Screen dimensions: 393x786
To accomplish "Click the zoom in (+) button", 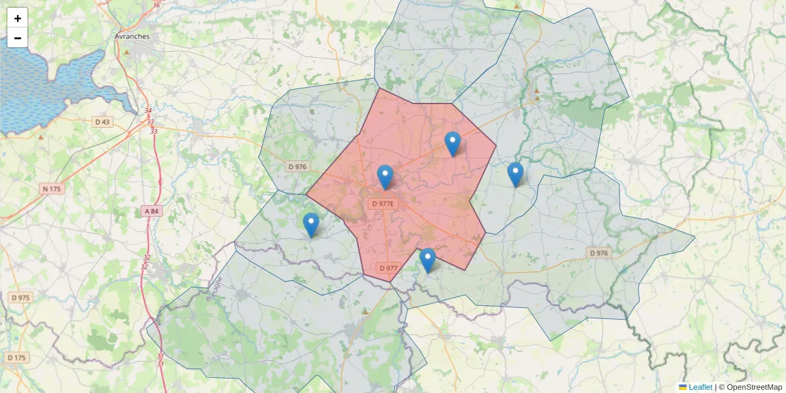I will tap(18, 18).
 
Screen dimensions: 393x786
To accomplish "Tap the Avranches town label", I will tap(132, 37).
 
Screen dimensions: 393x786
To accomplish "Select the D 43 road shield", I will tap(103, 122).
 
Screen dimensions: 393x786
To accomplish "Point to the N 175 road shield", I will tap(51, 189).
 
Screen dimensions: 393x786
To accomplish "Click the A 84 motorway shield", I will tap(151, 211).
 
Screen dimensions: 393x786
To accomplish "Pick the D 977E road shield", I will tap(383, 204).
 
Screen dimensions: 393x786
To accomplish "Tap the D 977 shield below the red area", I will tap(388, 268).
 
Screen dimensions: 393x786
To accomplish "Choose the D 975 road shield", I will tap(20, 297).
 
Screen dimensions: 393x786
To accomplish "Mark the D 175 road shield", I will tap(17, 358).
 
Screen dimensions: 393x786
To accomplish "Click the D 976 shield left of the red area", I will tap(297, 167).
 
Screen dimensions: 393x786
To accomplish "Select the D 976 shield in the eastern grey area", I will tap(599, 253).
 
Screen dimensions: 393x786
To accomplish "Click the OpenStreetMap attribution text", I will tap(754, 387).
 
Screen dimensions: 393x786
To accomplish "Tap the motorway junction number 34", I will tap(148, 111).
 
